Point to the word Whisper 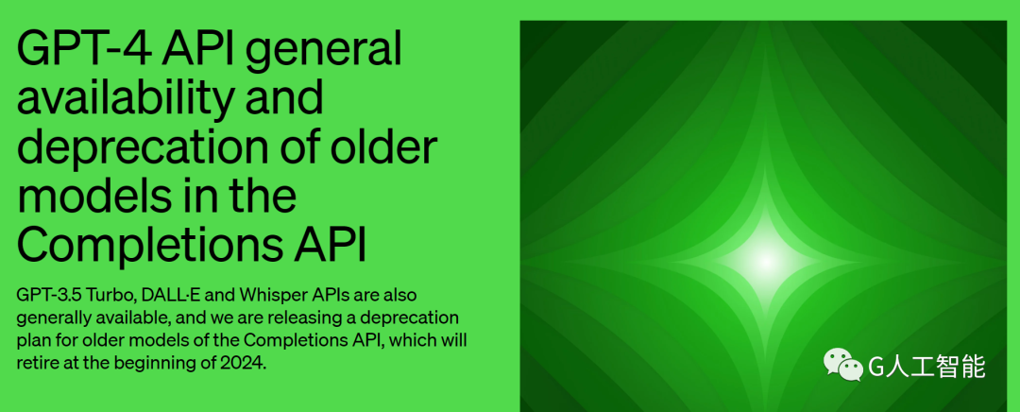click(266, 297)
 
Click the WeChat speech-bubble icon click(843, 365)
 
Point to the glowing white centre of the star click(766, 262)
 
